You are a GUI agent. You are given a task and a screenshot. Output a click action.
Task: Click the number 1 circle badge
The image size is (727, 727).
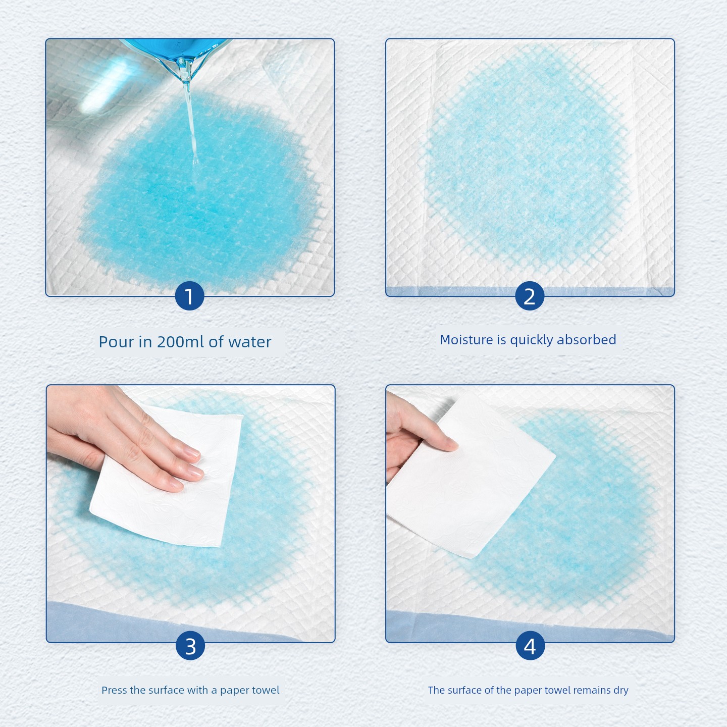189,296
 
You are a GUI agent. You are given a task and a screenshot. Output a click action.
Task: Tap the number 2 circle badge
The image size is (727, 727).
530,296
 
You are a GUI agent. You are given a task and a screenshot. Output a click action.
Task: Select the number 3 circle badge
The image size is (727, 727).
190,646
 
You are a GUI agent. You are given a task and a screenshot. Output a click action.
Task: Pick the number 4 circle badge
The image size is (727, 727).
530,646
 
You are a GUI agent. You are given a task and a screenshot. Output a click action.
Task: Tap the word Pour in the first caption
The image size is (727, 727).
117,342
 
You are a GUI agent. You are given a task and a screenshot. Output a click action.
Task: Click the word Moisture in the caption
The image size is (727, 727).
466,340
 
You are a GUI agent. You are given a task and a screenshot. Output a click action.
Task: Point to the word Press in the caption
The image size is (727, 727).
114,690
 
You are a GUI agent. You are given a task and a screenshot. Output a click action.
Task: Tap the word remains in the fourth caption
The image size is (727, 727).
592,690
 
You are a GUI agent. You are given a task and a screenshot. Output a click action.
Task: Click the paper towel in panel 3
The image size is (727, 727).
166,477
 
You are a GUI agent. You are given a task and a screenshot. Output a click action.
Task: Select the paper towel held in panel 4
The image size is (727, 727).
472,476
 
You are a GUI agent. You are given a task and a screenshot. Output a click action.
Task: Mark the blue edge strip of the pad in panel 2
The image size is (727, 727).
530,291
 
